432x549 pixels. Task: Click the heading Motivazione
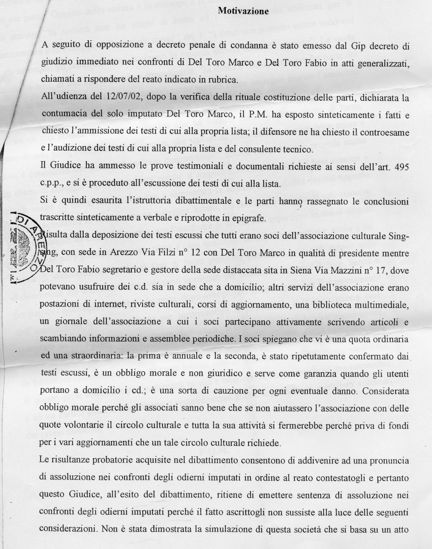(x=243, y=11)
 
